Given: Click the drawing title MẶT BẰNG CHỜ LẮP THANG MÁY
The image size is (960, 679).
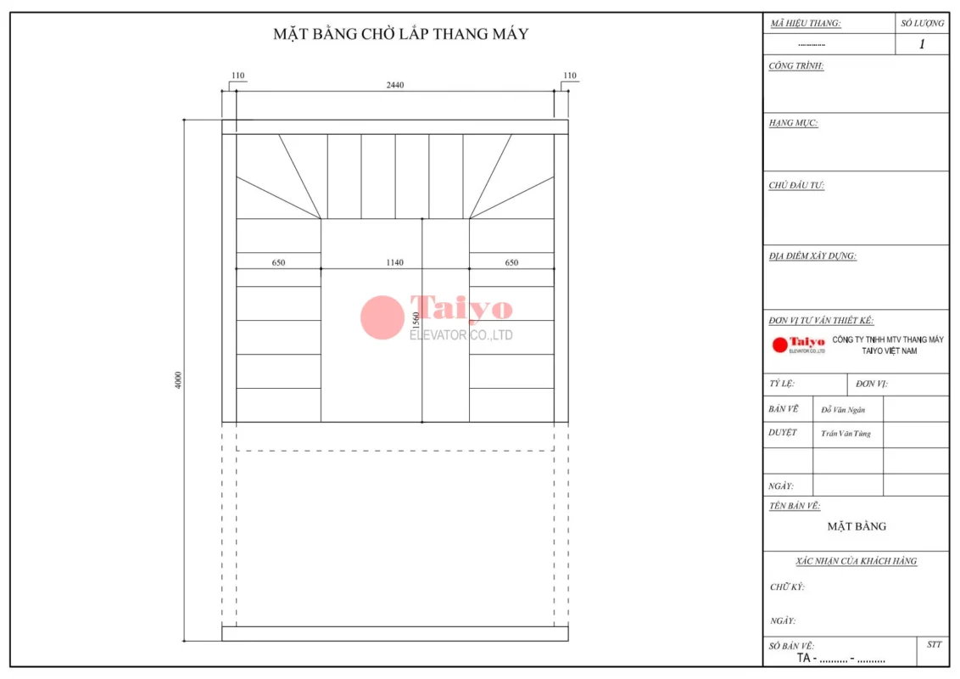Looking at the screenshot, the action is click(x=401, y=34).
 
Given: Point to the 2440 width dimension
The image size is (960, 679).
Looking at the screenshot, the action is click(x=395, y=85).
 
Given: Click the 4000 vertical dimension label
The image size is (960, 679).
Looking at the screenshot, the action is click(x=178, y=380).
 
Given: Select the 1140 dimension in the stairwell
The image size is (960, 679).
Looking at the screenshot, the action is click(x=395, y=262).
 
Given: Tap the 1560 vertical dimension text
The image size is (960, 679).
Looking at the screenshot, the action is click(x=416, y=321).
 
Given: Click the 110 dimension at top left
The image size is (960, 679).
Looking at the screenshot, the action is click(x=238, y=76).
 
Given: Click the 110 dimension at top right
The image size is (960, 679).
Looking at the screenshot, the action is click(x=570, y=76).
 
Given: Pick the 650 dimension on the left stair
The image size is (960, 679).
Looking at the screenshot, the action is click(x=278, y=262).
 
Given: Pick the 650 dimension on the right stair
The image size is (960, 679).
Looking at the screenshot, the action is click(x=512, y=262).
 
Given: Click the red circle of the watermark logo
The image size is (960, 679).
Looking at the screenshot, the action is click(x=382, y=317).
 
